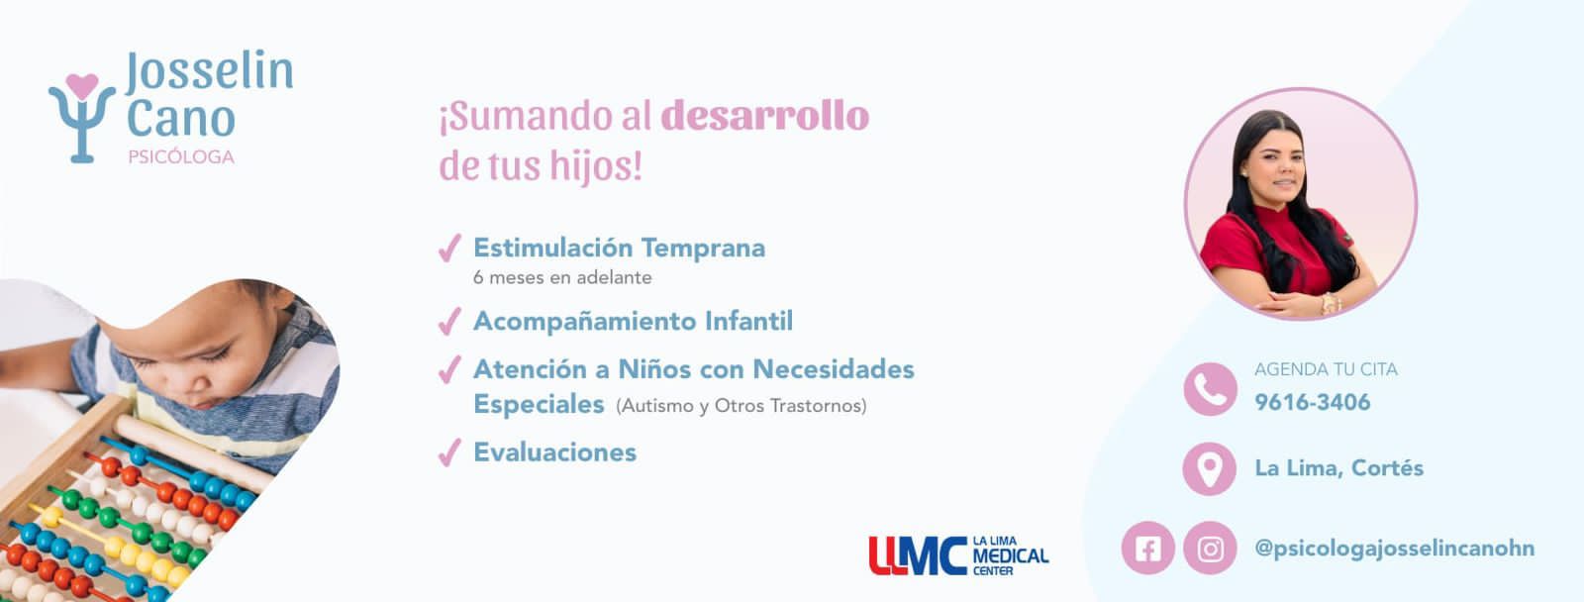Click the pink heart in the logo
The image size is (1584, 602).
click(x=82, y=86)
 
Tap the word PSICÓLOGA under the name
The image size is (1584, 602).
click(x=181, y=157)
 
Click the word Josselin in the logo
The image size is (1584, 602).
click(x=209, y=72)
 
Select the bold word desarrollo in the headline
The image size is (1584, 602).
click(x=764, y=116)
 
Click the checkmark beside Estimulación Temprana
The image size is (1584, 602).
click(x=449, y=249)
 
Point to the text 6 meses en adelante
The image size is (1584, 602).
click(x=562, y=277)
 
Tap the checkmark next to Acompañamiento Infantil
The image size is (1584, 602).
click(x=449, y=321)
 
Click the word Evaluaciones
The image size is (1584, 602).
click(x=555, y=452)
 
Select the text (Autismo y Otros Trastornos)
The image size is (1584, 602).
click(x=742, y=406)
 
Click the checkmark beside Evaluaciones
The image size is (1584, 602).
click(x=449, y=452)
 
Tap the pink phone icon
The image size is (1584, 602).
click(x=1210, y=389)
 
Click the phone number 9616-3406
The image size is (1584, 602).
click(x=1313, y=403)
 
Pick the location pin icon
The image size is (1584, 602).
click(x=1210, y=469)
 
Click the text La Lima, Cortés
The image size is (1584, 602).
click(x=1339, y=468)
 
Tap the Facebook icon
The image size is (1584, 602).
click(x=1147, y=549)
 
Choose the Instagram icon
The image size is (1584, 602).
click(x=1210, y=549)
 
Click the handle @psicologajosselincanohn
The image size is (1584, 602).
click(x=1395, y=549)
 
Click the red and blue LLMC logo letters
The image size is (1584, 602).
click(x=917, y=556)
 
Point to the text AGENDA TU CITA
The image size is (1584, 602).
click(x=1326, y=369)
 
